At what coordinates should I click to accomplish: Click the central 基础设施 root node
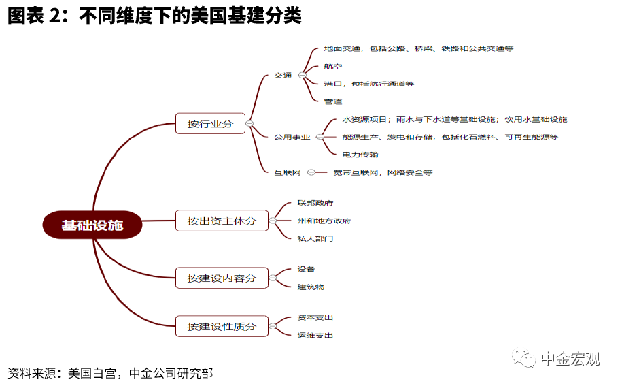(x=92, y=225)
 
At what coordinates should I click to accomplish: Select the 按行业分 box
(x=210, y=124)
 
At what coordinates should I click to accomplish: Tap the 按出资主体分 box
(x=222, y=221)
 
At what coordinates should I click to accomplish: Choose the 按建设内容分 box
(x=222, y=278)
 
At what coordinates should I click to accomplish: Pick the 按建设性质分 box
(x=222, y=326)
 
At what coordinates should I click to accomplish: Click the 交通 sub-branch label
(x=283, y=76)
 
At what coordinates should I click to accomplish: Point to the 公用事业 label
(x=292, y=137)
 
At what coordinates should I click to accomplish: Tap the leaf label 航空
(x=333, y=66)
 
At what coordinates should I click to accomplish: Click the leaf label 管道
(x=333, y=101)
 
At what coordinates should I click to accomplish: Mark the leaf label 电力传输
(x=360, y=155)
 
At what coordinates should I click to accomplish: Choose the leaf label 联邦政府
(x=315, y=203)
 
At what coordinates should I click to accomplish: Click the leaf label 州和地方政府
(x=324, y=221)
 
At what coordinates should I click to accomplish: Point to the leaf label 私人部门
(x=315, y=238)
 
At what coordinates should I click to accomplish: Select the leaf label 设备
(x=307, y=269)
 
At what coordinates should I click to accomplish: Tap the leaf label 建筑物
(x=311, y=287)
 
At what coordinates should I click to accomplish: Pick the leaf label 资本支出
(x=315, y=317)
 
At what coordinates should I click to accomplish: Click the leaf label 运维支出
(x=315, y=335)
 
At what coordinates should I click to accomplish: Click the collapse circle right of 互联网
(x=310, y=172)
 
